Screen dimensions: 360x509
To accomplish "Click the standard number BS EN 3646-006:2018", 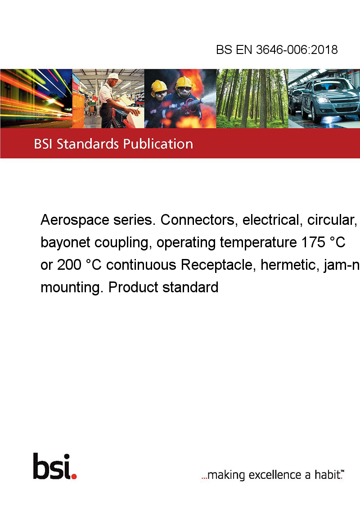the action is coord(277,49).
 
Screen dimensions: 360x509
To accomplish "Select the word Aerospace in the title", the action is coord(74,220).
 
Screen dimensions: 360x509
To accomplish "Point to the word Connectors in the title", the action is coord(197,220).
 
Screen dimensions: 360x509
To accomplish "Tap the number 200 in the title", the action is coord(69,265).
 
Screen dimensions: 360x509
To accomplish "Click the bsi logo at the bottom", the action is coord(55,466).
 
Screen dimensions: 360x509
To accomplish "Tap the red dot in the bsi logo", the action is coord(74,476).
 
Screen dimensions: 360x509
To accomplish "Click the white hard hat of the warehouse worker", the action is coord(114,76).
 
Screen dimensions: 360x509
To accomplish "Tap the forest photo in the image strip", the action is coord(252,98).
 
